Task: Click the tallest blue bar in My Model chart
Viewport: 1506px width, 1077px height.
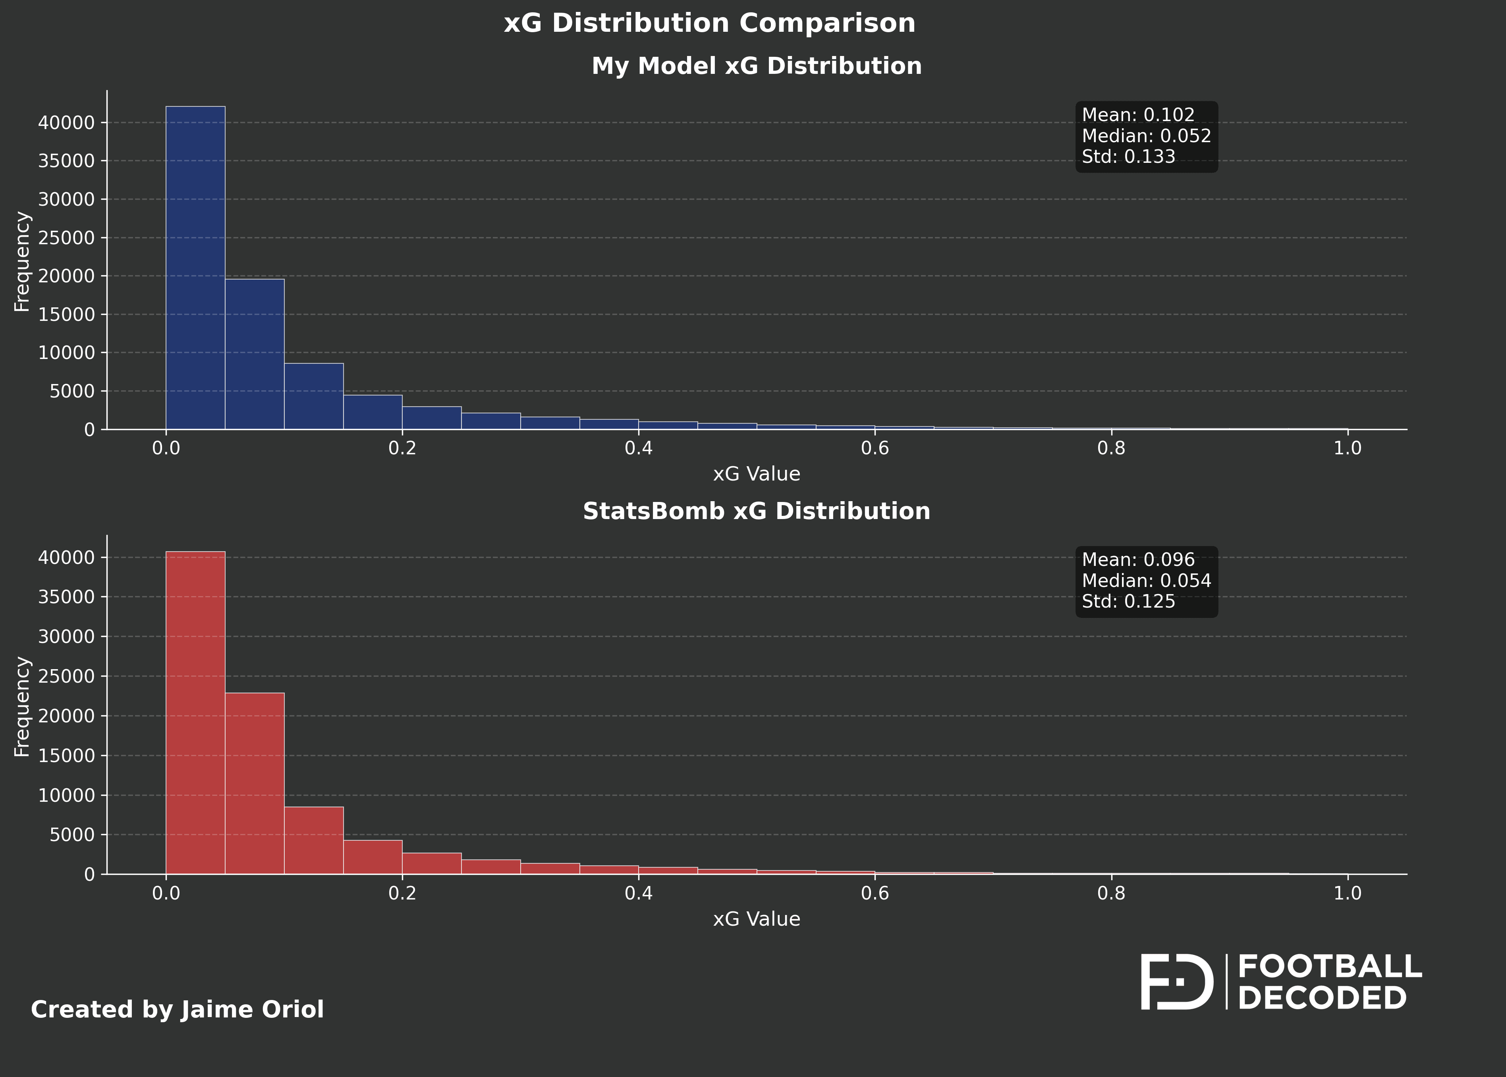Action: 195,268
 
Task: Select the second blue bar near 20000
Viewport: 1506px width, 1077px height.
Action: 255,354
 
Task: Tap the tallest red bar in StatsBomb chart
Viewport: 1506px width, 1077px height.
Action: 195,713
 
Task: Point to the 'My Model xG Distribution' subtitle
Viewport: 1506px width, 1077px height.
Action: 756,66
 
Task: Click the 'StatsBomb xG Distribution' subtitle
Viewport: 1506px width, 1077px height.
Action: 756,511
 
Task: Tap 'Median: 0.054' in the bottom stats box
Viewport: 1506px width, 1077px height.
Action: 1146,581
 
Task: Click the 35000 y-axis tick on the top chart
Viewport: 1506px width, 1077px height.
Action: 66,161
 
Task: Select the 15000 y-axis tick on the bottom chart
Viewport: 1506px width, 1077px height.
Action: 66,756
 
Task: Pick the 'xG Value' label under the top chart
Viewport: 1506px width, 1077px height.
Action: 756,474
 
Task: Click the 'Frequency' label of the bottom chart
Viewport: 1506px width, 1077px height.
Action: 22,706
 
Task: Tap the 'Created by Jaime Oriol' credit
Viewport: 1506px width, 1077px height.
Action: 177,1010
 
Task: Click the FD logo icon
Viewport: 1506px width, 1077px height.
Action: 1176,982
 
